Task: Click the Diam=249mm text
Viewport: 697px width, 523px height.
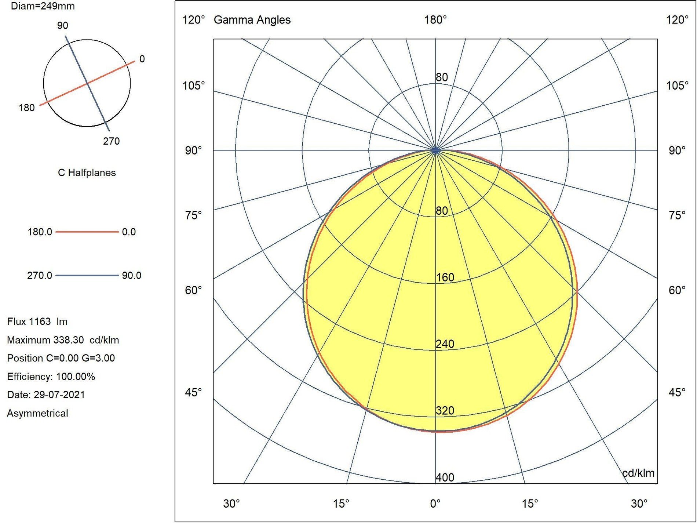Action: pyautogui.click(x=43, y=6)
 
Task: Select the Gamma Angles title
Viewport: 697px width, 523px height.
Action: pyautogui.click(x=252, y=20)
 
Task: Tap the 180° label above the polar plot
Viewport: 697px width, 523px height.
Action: pyautogui.click(x=435, y=20)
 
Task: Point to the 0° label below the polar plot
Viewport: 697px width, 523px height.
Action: pyautogui.click(x=435, y=504)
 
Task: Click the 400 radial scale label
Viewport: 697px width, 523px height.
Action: pyautogui.click(x=445, y=477)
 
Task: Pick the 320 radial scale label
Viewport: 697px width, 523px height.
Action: pyautogui.click(x=445, y=411)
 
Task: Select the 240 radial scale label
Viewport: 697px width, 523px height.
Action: pyautogui.click(x=445, y=344)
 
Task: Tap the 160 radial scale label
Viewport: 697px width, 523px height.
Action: pyautogui.click(x=445, y=277)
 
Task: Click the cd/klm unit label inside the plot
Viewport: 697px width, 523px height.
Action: pyautogui.click(x=638, y=473)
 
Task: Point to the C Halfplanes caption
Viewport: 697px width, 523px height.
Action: pyautogui.click(x=87, y=173)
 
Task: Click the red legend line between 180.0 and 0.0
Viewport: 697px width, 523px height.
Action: pyautogui.click(x=87, y=232)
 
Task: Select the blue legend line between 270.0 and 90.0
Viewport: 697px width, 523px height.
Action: pyautogui.click(x=87, y=275)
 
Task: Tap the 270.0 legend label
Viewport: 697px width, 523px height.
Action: pyautogui.click(x=40, y=275)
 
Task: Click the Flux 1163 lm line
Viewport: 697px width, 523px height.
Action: pyautogui.click(x=37, y=322)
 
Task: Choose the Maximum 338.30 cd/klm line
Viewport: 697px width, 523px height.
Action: pyautogui.click(x=63, y=340)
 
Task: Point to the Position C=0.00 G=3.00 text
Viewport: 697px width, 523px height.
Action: pyautogui.click(x=61, y=358)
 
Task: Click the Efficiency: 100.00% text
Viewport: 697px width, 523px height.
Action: pyautogui.click(x=51, y=377)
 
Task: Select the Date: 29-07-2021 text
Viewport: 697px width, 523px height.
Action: pyautogui.click(x=46, y=395)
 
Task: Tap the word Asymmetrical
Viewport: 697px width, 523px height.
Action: pyautogui.click(x=37, y=413)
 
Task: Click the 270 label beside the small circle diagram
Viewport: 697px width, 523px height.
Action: pyautogui.click(x=111, y=141)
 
